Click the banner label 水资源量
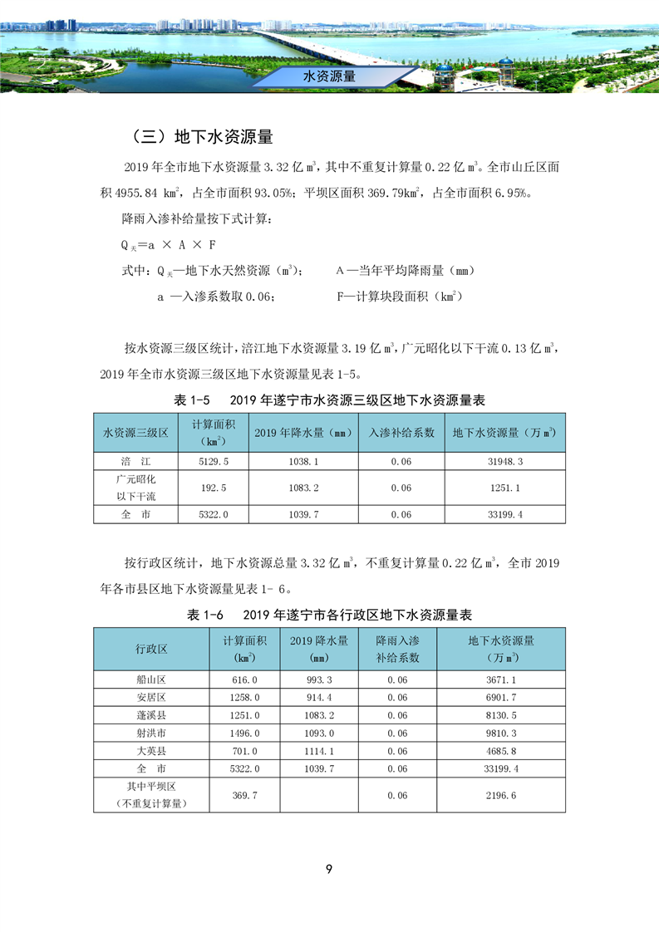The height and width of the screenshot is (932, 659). [x=330, y=76]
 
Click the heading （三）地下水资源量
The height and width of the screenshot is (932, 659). [x=202, y=136]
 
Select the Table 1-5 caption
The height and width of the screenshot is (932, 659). [x=329, y=400]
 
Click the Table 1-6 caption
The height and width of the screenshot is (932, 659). [x=329, y=615]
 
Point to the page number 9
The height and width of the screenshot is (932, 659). [x=329, y=869]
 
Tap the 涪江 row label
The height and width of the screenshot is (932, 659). [x=135, y=461]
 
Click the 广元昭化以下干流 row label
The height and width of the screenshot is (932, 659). [x=135, y=488]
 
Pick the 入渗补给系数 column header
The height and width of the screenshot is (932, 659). [x=401, y=433]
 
